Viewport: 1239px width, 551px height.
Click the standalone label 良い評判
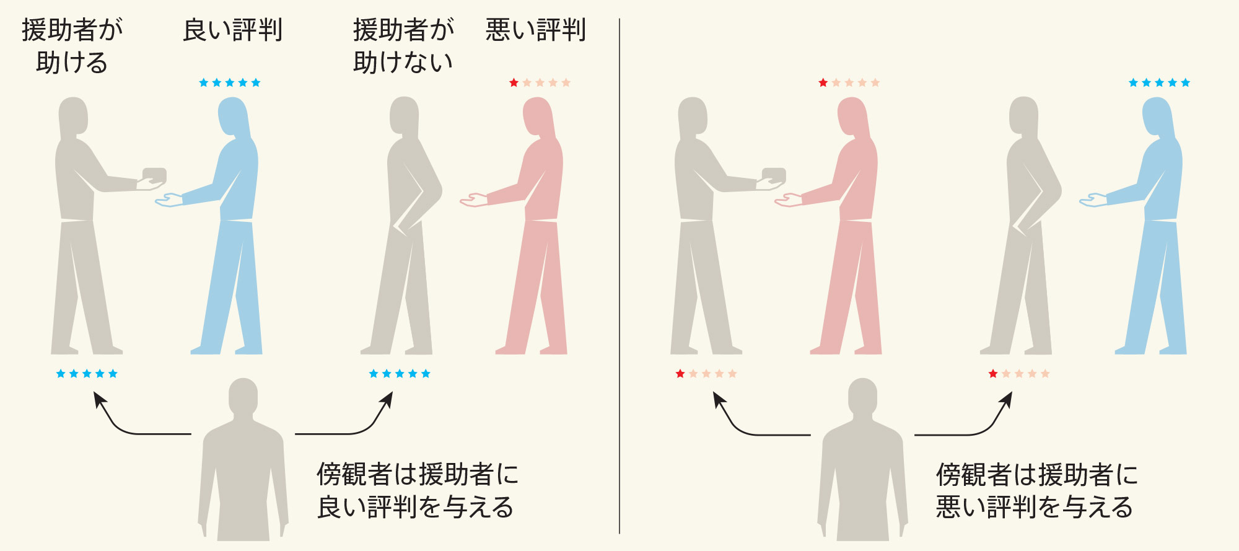tap(233, 30)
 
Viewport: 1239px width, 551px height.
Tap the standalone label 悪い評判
tap(535, 30)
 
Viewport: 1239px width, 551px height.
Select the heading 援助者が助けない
tap(403, 46)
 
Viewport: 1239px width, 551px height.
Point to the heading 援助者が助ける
tap(72, 46)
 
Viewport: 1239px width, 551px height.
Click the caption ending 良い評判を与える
tap(417, 490)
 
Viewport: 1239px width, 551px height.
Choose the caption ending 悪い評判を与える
tap(1036, 490)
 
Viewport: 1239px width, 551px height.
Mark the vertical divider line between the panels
tap(619, 276)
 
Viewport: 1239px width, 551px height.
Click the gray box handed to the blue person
tap(154, 175)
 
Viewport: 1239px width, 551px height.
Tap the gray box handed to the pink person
tap(774, 175)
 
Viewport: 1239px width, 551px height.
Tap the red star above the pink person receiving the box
tap(823, 82)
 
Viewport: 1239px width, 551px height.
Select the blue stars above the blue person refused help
tap(1159, 82)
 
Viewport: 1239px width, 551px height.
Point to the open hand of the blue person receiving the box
tap(169, 200)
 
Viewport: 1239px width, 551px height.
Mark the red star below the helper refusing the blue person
tap(993, 374)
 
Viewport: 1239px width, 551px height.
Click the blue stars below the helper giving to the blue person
tap(87, 374)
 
